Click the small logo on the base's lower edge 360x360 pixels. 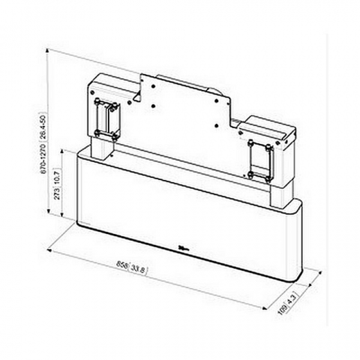(183, 247)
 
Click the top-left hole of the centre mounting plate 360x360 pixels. (146, 77)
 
